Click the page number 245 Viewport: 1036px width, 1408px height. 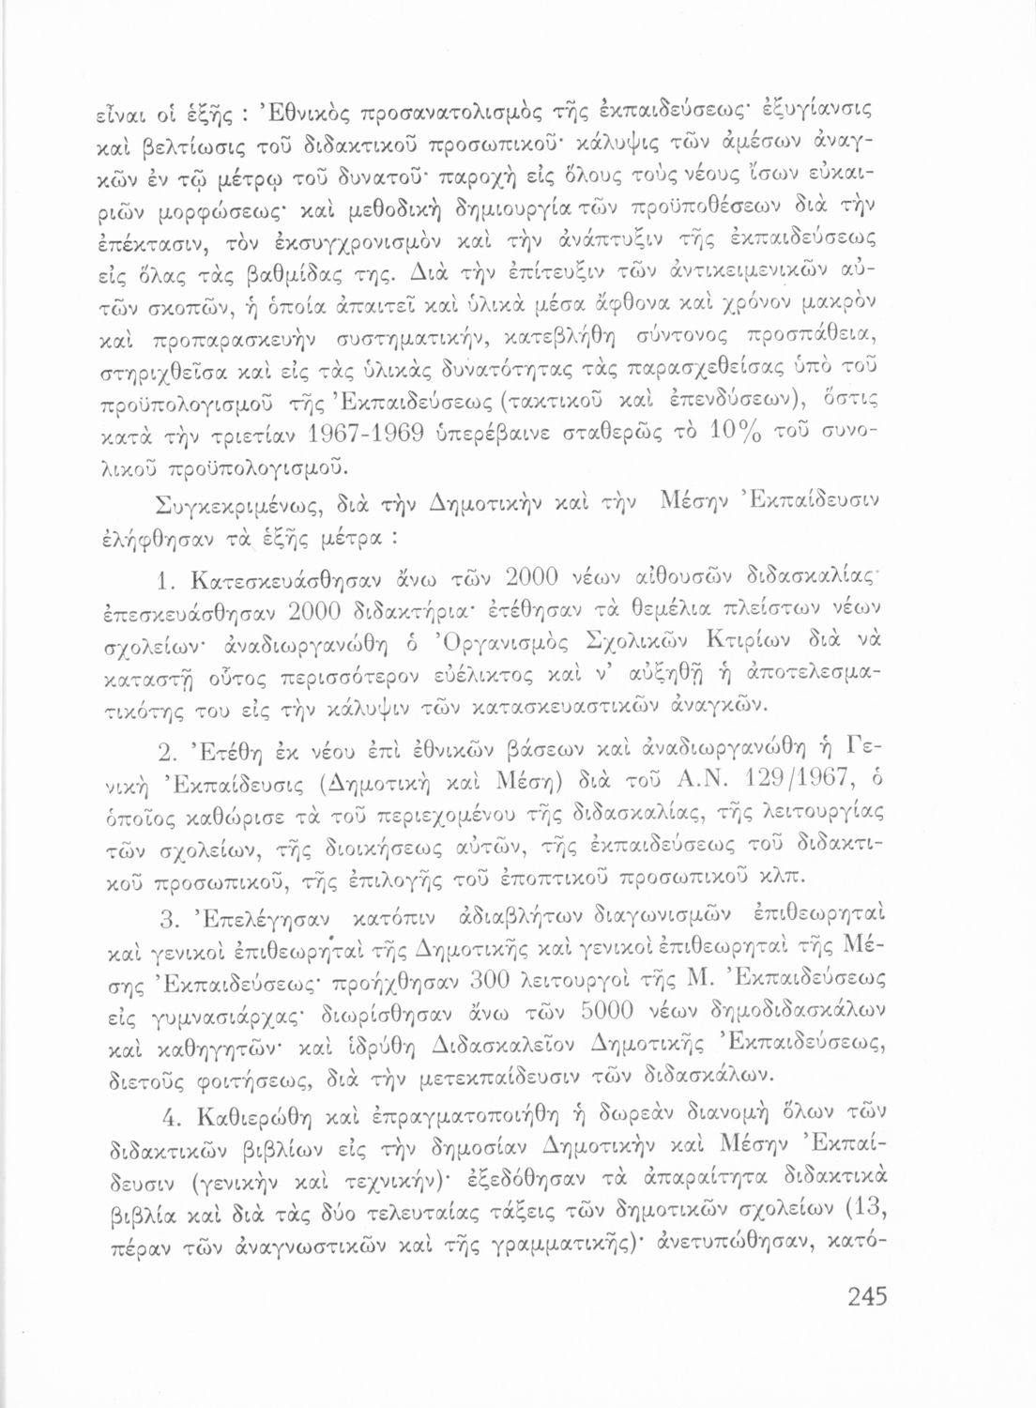866,1297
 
